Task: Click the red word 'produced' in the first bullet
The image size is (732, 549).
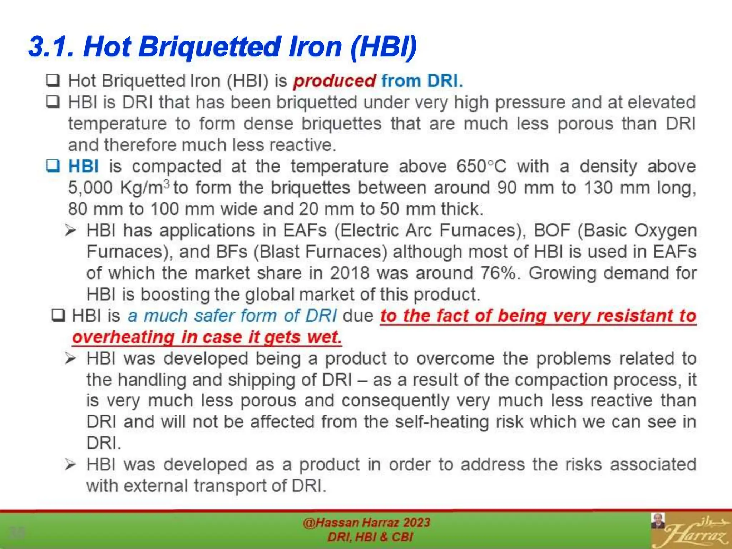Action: pos(334,81)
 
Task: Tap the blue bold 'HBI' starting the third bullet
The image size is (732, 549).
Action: pos(83,167)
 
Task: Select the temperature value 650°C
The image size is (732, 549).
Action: pos(481,167)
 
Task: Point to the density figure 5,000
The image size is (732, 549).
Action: pos(90,188)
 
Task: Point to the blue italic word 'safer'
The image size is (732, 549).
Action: pos(214,316)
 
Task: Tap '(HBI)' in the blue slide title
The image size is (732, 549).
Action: pos(384,47)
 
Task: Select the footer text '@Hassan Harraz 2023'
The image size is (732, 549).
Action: pos(366,523)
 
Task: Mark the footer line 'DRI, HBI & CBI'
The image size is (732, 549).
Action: pos(370,537)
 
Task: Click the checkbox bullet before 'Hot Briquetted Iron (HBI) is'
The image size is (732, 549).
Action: pos(53,81)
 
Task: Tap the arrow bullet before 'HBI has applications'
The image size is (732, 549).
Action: pos(71,231)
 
